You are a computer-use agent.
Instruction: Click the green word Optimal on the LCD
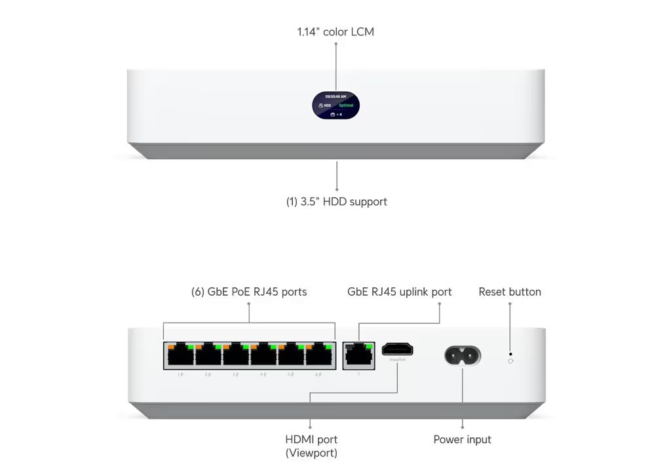346,105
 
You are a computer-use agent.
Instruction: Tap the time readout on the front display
335,96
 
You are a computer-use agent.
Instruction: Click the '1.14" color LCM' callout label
335,31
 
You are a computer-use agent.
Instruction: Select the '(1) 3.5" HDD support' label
336,201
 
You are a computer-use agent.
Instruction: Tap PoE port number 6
318,356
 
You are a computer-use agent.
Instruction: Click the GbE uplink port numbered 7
358,356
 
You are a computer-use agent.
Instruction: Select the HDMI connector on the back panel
397,349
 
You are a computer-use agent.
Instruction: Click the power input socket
463,356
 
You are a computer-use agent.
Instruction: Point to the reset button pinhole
510,353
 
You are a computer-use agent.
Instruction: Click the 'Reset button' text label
510,292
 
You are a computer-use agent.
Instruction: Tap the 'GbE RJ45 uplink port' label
399,292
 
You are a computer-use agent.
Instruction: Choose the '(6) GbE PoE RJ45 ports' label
249,292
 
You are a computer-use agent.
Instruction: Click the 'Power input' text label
462,439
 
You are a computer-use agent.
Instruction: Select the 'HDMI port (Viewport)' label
311,446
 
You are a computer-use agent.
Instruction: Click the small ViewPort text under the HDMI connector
397,360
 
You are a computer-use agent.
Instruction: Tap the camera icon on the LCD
333,114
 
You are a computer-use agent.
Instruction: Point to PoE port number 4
263,356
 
